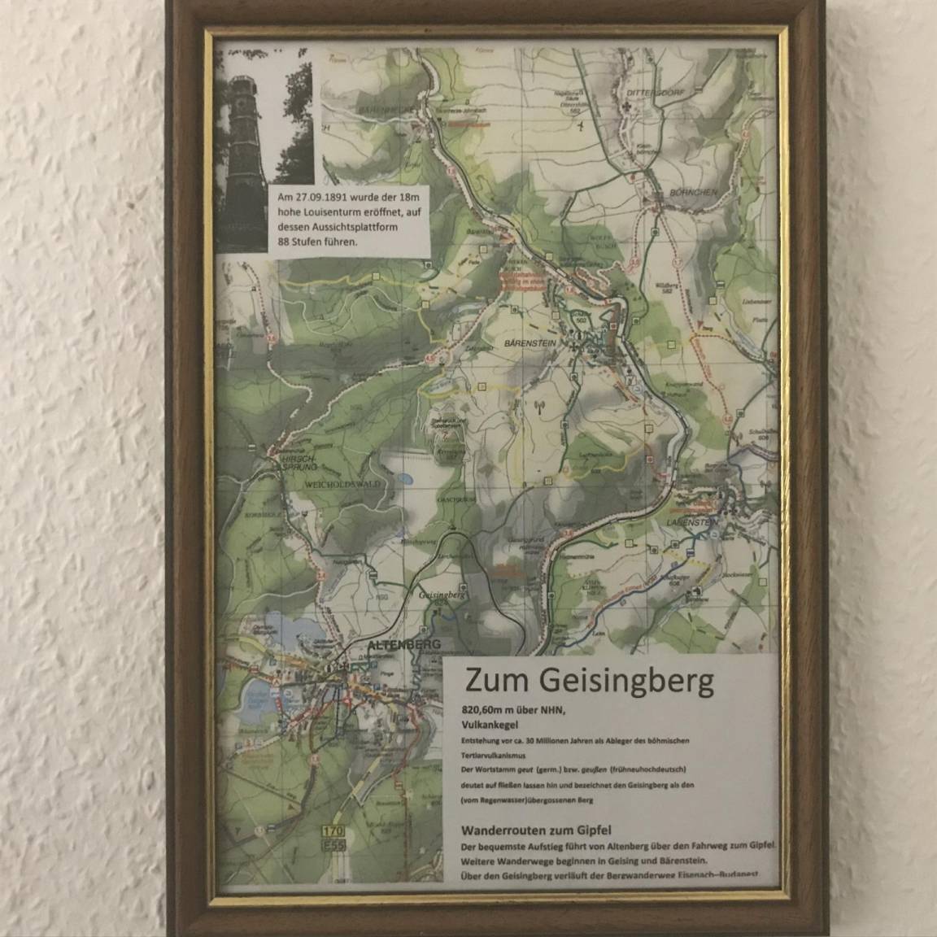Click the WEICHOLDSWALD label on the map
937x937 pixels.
pos(330,483)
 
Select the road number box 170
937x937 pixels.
pos(332,832)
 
